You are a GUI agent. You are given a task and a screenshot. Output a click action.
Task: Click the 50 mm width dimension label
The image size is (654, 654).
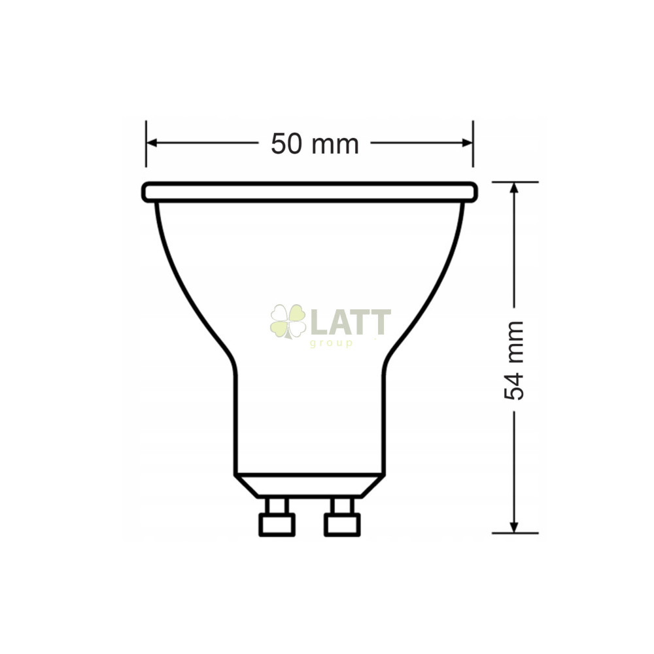click(315, 144)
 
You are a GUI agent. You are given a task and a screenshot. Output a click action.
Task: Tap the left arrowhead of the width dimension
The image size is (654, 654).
click(152, 143)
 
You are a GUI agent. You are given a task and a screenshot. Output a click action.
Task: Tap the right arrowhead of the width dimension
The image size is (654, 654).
click(467, 143)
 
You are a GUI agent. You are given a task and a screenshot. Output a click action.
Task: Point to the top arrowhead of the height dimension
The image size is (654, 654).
click(514, 188)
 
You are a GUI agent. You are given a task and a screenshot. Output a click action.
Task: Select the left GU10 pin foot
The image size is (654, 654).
click(277, 525)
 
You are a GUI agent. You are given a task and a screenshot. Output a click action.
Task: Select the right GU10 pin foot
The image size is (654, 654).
click(342, 525)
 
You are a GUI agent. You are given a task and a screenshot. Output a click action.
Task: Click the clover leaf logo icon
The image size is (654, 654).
click(288, 320)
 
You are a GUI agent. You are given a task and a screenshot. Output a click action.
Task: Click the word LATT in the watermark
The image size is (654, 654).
click(352, 322)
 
